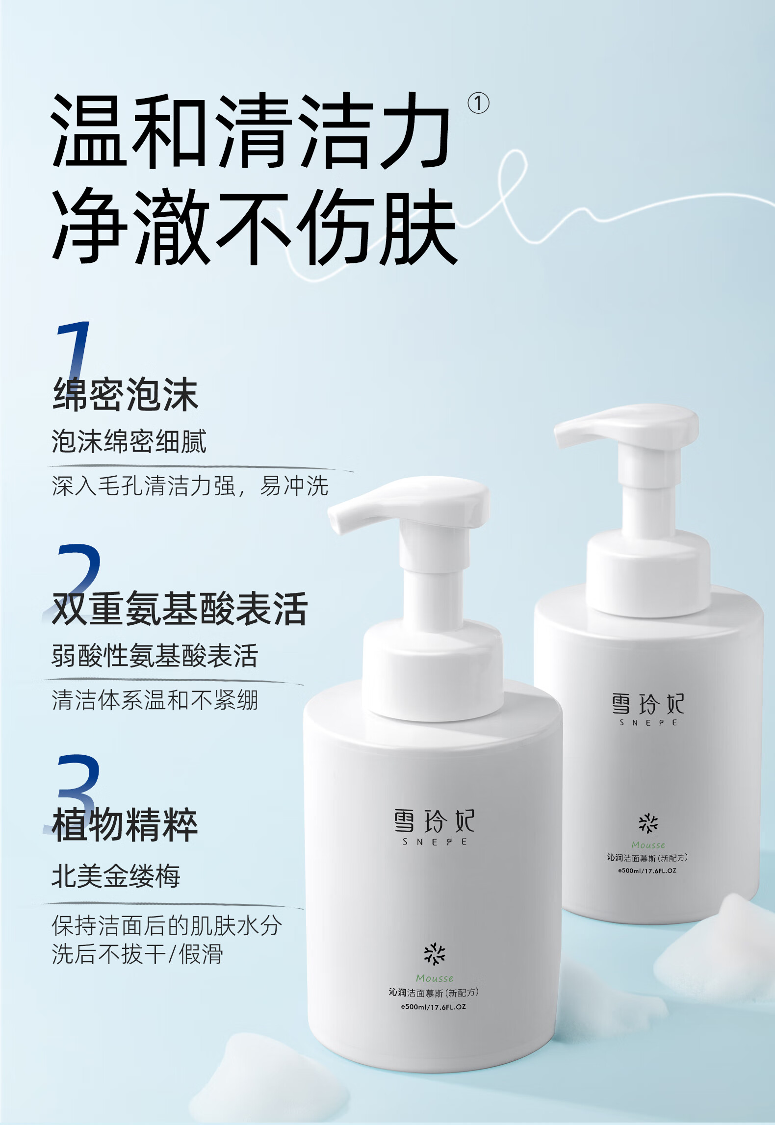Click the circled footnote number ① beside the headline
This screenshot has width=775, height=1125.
click(478, 103)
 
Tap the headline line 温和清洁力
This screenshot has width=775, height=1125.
click(250, 131)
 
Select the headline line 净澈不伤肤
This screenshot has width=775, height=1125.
click(255, 227)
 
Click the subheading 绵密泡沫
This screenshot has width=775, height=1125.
click(126, 394)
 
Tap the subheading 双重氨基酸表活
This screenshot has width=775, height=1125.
click(180, 609)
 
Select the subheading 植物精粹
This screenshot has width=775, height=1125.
click(125, 824)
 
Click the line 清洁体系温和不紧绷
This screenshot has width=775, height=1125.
click(155, 700)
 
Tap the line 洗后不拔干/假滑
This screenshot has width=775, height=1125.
click(138, 954)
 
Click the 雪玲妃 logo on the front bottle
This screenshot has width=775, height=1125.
click(434, 821)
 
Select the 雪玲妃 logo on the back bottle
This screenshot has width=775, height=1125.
click(647, 704)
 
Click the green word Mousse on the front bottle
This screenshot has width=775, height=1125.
click(435, 978)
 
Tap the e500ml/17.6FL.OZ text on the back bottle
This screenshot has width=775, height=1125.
click(647, 870)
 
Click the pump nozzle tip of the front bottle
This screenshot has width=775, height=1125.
click(338, 520)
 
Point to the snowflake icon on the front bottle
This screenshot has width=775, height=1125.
click(435, 954)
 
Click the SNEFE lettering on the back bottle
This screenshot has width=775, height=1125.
click(648, 722)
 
